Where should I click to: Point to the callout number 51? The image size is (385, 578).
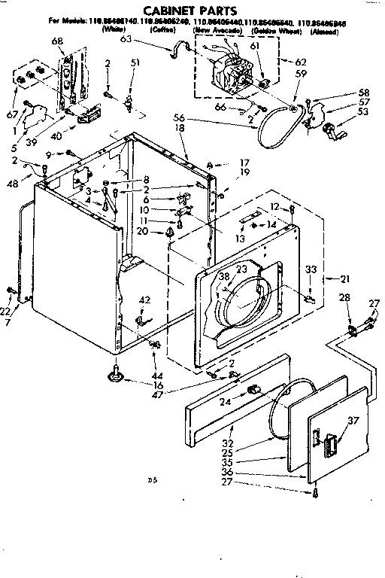[x=135, y=62]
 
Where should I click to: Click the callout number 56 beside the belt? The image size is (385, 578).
[x=179, y=119]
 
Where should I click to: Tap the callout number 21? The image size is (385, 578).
[x=345, y=278]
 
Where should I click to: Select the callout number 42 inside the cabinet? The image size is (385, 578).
[x=144, y=300]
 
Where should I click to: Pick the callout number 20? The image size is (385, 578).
[x=163, y=231]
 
